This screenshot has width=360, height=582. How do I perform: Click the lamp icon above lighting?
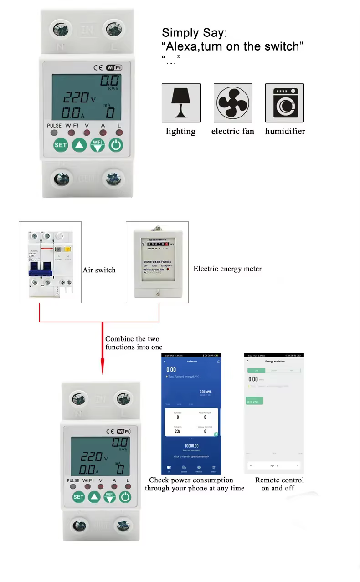[x=181, y=102]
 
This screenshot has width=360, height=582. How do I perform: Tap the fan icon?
[x=233, y=102]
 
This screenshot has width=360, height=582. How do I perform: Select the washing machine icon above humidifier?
[x=284, y=102]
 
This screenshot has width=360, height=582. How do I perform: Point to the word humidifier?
[x=285, y=131]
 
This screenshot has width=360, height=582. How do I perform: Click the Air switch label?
[x=99, y=270]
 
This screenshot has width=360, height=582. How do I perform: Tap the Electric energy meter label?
[x=227, y=269]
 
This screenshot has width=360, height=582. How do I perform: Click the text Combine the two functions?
[x=134, y=343]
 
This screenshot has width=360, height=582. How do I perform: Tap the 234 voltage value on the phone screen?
[x=178, y=431]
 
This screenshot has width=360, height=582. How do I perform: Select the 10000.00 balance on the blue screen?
[x=191, y=446]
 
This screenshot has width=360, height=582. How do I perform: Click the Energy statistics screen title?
[x=275, y=362]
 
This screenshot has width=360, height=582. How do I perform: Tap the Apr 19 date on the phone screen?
[x=274, y=466]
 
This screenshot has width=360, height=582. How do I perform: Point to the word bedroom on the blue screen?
[x=192, y=362]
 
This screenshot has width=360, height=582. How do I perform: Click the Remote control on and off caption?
[x=279, y=484]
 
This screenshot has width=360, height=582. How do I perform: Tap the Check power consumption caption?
[x=195, y=484]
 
